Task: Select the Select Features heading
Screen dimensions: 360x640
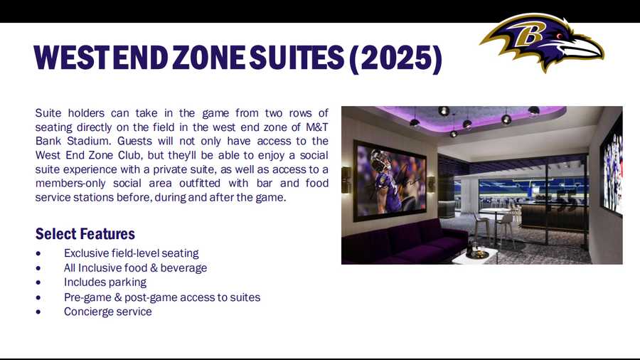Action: (x=85, y=233)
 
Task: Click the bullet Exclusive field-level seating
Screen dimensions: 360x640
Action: (x=131, y=253)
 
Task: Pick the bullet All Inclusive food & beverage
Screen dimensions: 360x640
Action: (x=135, y=268)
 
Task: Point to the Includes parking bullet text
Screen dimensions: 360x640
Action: (x=105, y=282)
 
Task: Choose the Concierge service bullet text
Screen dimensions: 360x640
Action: (x=107, y=312)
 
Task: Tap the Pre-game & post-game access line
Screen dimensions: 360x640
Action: (x=161, y=297)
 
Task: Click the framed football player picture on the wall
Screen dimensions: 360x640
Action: (x=389, y=179)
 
